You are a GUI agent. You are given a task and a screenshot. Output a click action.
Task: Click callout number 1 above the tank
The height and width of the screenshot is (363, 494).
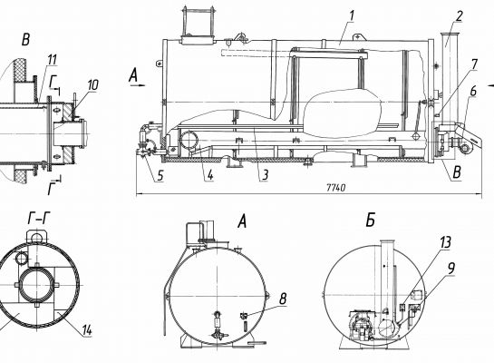pyautogui.click(x=352, y=15)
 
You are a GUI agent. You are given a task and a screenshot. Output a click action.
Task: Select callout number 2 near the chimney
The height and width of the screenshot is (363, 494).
pyautogui.click(x=459, y=16)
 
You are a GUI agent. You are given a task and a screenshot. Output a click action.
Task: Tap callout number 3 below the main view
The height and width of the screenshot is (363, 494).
pyautogui.click(x=265, y=174)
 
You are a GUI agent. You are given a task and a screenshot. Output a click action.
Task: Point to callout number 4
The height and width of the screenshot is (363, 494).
pyautogui.click(x=210, y=175)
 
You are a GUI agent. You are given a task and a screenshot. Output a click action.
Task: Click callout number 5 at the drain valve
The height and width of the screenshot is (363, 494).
pyautogui.click(x=160, y=175)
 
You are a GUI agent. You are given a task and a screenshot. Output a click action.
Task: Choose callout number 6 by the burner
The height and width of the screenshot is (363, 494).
pyautogui.click(x=473, y=91)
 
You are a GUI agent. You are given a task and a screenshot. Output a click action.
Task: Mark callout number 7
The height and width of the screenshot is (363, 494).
pyautogui.click(x=474, y=64)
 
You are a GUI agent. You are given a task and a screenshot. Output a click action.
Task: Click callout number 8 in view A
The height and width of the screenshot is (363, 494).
pyautogui.click(x=283, y=299)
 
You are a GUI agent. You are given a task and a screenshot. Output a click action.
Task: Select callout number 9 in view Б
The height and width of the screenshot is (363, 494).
pyautogui.click(x=451, y=269)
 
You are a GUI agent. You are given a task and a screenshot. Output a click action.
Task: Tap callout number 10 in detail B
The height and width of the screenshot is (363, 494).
pyautogui.click(x=92, y=84)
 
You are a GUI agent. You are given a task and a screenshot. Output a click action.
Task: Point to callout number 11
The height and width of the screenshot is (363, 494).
pyautogui.click(x=52, y=60)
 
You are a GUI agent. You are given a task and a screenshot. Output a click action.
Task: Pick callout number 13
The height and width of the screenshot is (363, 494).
pyautogui.click(x=445, y=242)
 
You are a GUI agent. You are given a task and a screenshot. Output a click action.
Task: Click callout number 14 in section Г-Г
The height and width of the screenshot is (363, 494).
pyautogui.click(x=87, y=330)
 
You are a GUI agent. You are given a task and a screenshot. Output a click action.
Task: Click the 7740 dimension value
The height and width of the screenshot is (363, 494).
pyautogui.click(x=336, y=188)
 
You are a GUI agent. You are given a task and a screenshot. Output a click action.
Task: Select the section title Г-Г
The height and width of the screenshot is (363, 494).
pyautogui.click(x=39, y=218)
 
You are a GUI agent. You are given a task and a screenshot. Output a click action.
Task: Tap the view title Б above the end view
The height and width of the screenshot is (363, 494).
pyautogui.click(x=371, y=220)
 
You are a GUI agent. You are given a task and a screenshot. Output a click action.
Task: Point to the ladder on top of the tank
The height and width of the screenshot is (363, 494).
pyautogui.click(x=198, y=21)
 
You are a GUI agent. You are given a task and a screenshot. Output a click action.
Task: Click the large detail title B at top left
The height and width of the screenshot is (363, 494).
pyautogui.click(x=26, y=40)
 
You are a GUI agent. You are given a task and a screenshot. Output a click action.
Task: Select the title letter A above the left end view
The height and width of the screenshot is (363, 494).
pyautogui.click(x=242, y=221)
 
